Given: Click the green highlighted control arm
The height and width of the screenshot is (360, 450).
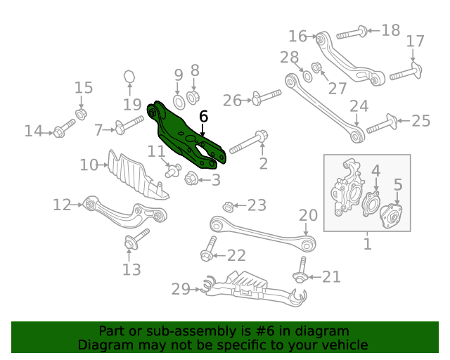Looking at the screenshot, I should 184,135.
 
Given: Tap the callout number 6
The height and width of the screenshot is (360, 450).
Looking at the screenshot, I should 204,117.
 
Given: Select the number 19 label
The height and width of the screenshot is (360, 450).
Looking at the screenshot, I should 131,105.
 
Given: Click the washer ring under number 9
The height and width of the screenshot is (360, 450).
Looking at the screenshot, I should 178,102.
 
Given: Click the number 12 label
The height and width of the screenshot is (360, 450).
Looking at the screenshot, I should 62,205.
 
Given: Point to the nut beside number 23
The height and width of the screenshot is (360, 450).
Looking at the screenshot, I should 228,206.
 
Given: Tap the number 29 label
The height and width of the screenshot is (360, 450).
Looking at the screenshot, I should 181,288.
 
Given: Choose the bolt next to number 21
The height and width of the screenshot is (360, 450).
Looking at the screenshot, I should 300,271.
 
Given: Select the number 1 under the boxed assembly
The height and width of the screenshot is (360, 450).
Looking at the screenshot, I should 367,244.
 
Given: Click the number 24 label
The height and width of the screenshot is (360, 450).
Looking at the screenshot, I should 359,107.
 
